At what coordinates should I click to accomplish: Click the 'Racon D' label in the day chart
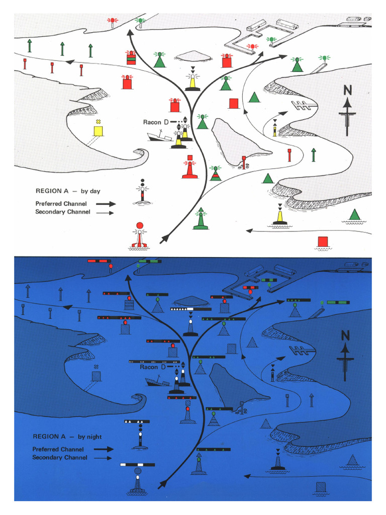point(152,122)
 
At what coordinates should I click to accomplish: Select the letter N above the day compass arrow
point(347,91)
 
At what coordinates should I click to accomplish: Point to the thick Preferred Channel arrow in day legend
point(106,204)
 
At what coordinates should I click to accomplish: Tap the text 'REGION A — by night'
point(67,437)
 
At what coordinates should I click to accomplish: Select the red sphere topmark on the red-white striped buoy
point(140,225)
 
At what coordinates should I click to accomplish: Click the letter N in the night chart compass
point(345,335)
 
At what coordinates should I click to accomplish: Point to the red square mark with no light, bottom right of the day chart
point(323,241)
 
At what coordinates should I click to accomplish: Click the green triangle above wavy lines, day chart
point(355,215)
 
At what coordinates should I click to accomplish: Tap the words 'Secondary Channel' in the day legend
point(63,212)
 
